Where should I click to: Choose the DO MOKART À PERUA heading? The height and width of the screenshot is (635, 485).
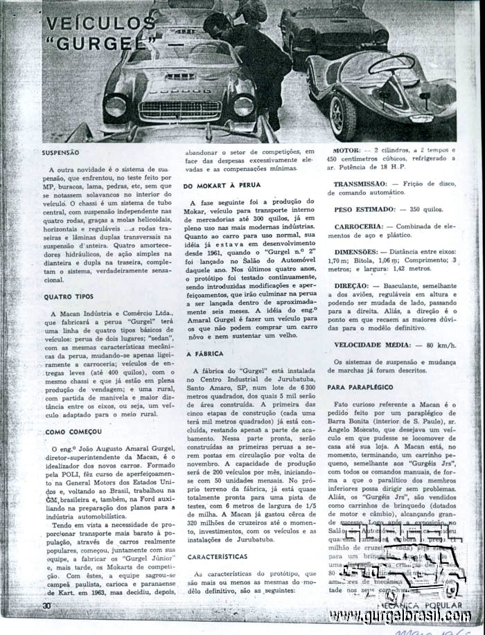(x=220, y=186)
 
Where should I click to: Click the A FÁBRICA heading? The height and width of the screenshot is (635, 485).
(x=204, y=354)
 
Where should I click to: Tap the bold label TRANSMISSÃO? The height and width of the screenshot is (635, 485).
(x=359, y=184)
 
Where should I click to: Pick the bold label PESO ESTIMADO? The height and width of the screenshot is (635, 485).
(x=364, y=208)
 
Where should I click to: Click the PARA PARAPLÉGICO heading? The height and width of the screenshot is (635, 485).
(x=364, y=387)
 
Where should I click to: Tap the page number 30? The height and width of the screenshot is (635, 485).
(x=46, y=606)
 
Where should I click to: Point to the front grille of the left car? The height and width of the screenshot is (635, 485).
(x=180, y=109)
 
